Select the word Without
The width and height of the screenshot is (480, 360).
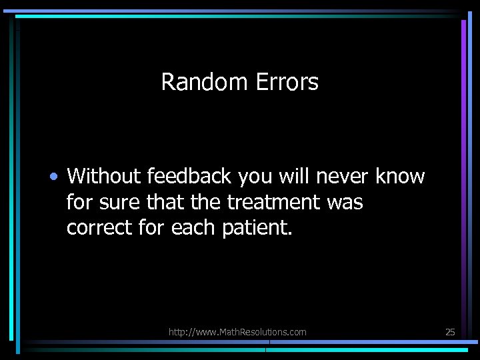(104, 177)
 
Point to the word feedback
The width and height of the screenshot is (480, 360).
(187, 177)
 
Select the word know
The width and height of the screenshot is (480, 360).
(400, 177)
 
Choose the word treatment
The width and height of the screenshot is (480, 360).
(275, 202)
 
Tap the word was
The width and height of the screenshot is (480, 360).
(345, 203)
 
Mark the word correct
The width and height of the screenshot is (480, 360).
(99, 228)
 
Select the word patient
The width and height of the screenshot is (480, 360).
(256, 228)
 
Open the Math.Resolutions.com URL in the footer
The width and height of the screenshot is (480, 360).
(237, 331)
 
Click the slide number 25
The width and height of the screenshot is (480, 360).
(450, 331)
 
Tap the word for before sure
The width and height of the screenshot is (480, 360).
(80, 202)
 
